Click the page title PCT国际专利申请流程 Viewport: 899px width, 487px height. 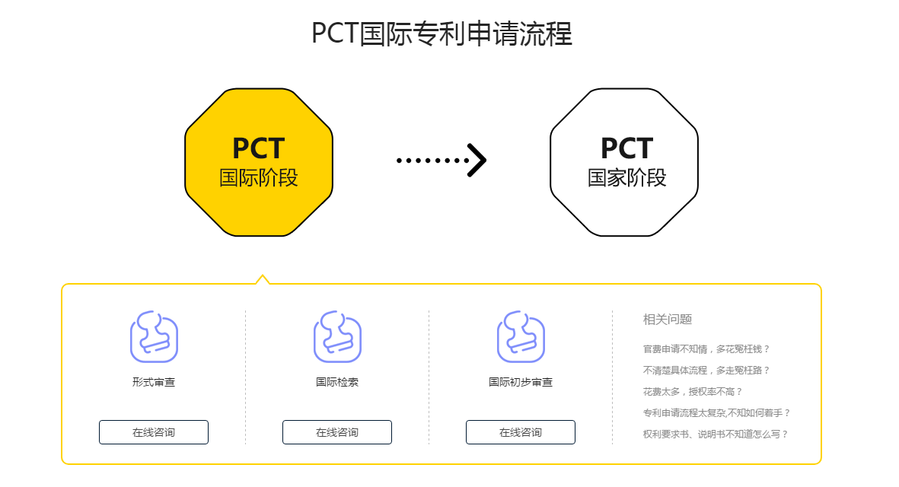tap(442, 33)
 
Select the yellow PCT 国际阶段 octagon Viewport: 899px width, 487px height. tap(259, 162)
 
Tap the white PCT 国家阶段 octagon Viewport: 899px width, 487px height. tap(623, 162)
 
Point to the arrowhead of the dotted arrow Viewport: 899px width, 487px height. tap(477, 160)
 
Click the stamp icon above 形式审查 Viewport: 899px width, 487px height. tap(154, 337)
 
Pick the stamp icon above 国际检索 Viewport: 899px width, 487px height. tap(337, 337)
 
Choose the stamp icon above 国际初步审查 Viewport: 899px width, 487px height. tap(521, 337)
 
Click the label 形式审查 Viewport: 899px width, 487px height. tap(154, 382)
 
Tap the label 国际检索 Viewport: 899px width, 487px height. tap(337, 382)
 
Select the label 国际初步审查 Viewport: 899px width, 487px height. tap(521, 382)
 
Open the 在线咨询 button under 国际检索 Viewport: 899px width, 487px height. tap(337, 432)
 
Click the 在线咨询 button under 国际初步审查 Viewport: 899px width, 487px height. tap(521, 432)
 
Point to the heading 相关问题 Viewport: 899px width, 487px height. tap(668, 319)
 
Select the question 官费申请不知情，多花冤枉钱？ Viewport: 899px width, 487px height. tap(706, 349)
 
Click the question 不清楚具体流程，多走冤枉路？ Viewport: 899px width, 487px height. tap(706, 370)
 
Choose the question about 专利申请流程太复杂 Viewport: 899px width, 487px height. tap(717, 412)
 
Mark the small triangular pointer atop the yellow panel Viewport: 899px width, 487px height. tap(263, 279)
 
